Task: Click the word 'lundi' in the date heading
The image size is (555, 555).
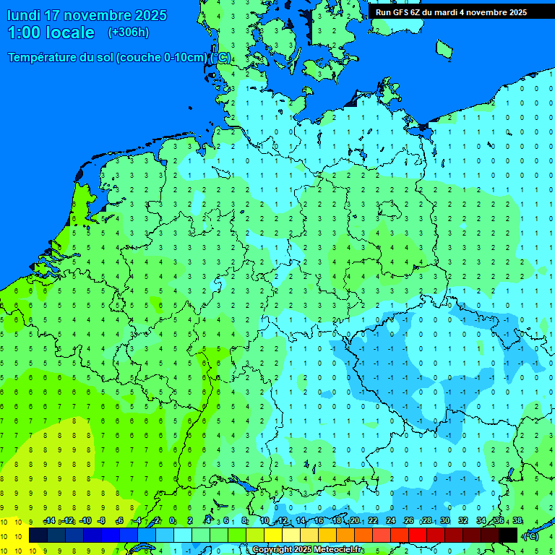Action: point(24,15)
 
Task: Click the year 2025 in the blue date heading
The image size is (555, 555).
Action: point(150,15)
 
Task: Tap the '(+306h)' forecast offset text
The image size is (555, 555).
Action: point(128,32)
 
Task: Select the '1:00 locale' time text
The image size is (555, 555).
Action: point(51,33)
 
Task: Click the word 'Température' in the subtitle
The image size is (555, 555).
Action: point(43,58)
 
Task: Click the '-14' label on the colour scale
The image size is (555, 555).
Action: point(49,521)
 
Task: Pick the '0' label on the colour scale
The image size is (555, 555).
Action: point(172,521)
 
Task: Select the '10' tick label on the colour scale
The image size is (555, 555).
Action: point(264,521)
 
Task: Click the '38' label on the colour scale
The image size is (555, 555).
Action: point(517,521)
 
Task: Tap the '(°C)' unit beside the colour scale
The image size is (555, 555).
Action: point(530,535)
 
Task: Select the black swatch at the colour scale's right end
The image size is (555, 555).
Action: point(508,535)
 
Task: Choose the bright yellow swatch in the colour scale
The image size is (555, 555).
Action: point(273,535)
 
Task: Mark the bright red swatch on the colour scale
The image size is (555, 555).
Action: point(418,535)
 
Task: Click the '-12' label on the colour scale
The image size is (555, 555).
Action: point(67,521)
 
